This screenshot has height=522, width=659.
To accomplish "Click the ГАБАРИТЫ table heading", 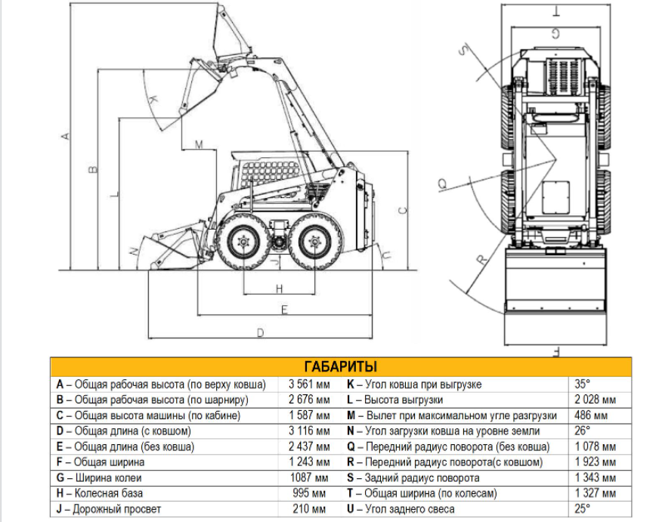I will [x=340, y=366].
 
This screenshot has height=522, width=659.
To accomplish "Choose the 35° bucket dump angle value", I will [x=583, y=384].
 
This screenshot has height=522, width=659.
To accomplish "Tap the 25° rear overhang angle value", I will [x=583, y=509].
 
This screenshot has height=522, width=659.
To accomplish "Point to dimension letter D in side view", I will [x=261, y=332].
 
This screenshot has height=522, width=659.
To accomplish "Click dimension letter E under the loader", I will [x=284, y=309].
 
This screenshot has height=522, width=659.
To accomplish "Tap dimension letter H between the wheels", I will [x=279, y=288].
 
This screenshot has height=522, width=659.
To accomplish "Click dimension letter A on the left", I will [x=66, y=136].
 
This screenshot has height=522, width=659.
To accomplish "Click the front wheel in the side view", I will [x=243, y=242].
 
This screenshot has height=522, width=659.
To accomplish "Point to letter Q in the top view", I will [x=442, y=182].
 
